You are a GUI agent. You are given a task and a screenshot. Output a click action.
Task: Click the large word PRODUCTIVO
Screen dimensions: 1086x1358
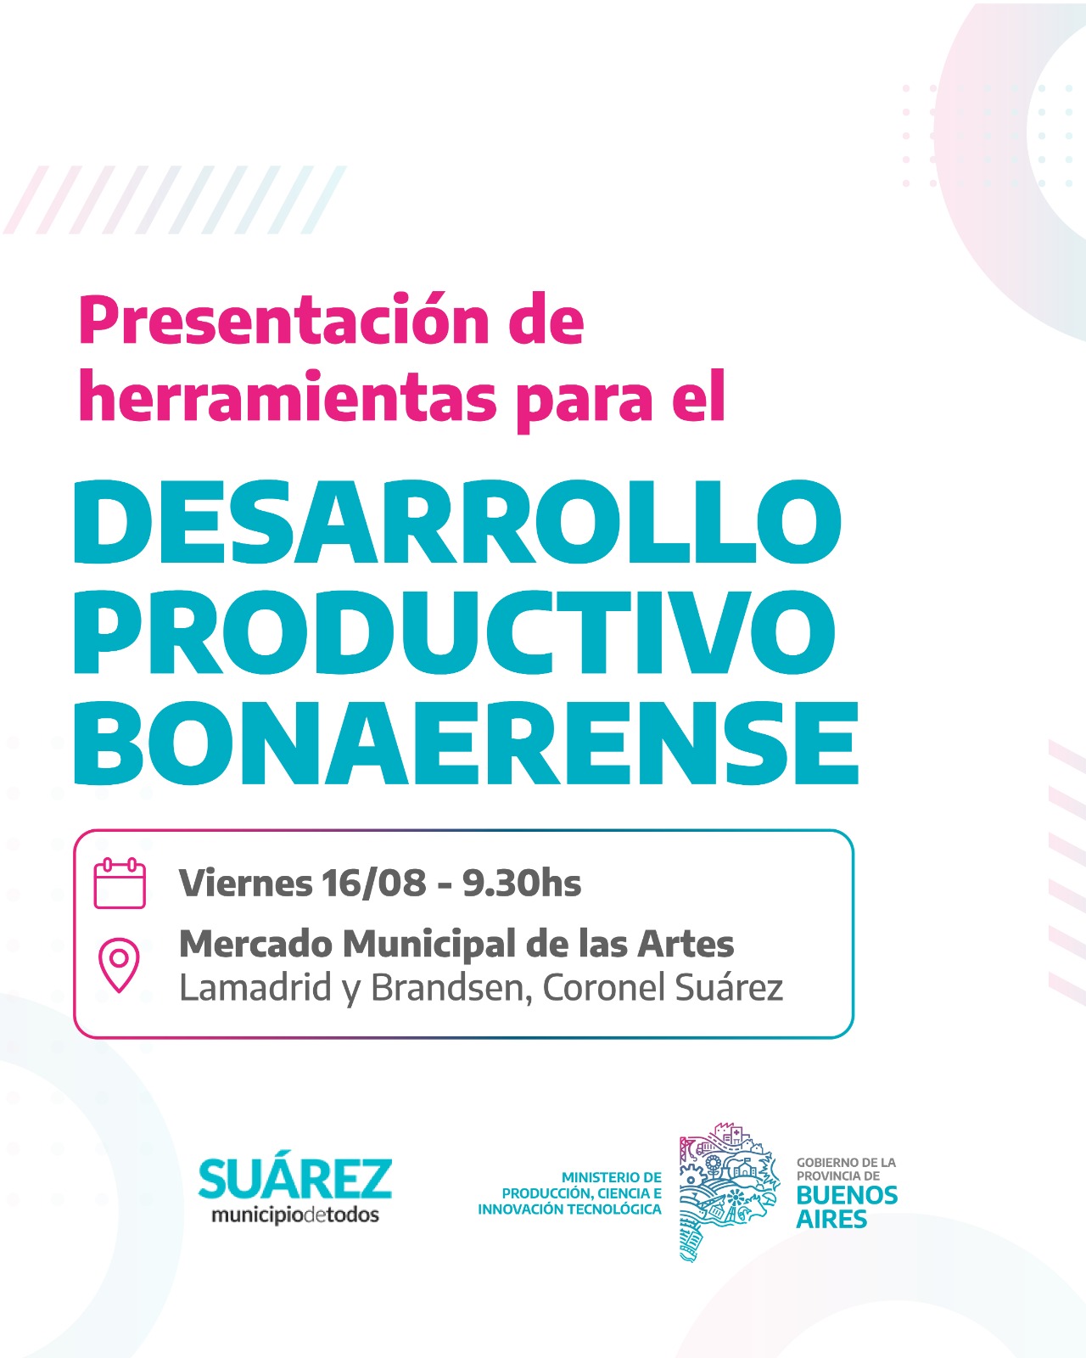pos(455,632)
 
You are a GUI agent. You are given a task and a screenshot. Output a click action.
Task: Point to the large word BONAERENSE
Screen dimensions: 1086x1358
pos(466,743)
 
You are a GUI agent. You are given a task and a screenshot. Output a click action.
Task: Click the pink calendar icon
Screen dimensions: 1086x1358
pos(120,883)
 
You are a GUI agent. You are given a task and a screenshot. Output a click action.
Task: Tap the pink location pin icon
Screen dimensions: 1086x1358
pos(119,965)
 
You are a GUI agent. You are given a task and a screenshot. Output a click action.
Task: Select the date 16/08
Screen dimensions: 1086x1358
pos(373,882)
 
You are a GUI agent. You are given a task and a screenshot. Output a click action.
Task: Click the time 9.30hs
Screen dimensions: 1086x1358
pos(521,882)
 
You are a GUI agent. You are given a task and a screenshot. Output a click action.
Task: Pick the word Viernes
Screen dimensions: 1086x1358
pos(245,882)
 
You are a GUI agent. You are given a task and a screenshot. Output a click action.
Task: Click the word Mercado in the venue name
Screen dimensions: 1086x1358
pos(255,944)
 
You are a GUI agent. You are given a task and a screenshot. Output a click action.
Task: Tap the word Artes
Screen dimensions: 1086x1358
pos(686,944)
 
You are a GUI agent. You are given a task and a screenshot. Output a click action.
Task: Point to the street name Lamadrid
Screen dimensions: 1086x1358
pos(255,988)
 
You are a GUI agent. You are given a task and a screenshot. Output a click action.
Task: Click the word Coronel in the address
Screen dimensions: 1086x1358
pos(604,988)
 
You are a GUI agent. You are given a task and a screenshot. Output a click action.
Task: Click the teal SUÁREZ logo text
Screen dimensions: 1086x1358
pos(295,1177)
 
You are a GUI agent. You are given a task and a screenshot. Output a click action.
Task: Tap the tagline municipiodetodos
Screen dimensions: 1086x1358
pos(295,1215)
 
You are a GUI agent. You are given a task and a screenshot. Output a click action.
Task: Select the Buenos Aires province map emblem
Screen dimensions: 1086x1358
pos(729,1192)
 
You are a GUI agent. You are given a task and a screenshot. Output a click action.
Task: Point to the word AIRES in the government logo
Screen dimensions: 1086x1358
pos(831,1219)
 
